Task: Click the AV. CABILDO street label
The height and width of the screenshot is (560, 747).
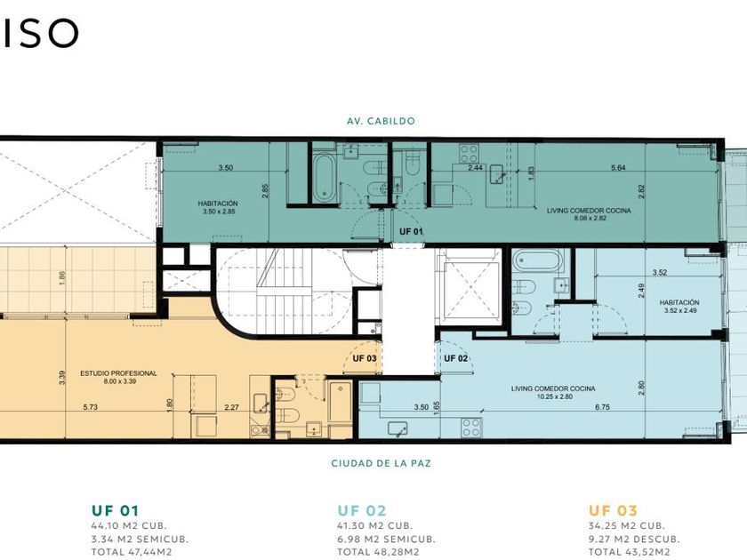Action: coord(381,121)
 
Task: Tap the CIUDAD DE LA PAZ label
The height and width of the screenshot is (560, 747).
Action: coord(382,463)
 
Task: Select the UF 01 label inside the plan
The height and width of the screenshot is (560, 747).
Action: coord(411,232)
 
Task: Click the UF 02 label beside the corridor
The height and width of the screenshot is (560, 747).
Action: coord(456,358)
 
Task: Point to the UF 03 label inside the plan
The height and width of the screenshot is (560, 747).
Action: coord(365,358)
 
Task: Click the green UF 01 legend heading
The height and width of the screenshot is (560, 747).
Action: coord(116,511)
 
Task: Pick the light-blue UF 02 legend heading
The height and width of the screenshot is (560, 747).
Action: coord(362,511)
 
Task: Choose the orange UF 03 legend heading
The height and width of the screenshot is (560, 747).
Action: coord(613,511)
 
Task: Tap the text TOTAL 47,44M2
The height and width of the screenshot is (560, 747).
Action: coord(132,552)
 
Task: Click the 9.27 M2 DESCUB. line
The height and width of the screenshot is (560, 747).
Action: coord(634,540)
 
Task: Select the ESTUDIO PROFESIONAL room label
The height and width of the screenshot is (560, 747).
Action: coord(118,377)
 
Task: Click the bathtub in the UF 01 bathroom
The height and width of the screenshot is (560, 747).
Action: coord(325,177)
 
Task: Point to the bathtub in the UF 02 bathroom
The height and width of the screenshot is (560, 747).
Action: coord(538,261)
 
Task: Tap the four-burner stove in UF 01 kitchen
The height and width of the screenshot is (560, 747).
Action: coord(469,153)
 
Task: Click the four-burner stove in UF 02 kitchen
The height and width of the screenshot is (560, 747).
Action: coord(471,428)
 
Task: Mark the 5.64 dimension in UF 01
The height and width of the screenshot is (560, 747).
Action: coord(618,168)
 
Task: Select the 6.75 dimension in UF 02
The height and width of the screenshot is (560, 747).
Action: coord(602,407)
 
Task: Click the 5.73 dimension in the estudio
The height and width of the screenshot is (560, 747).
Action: coord(90,407)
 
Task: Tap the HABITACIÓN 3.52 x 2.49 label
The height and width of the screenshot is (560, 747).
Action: coord(679,306)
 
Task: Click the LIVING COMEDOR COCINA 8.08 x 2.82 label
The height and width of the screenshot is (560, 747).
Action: coord(589,214)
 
